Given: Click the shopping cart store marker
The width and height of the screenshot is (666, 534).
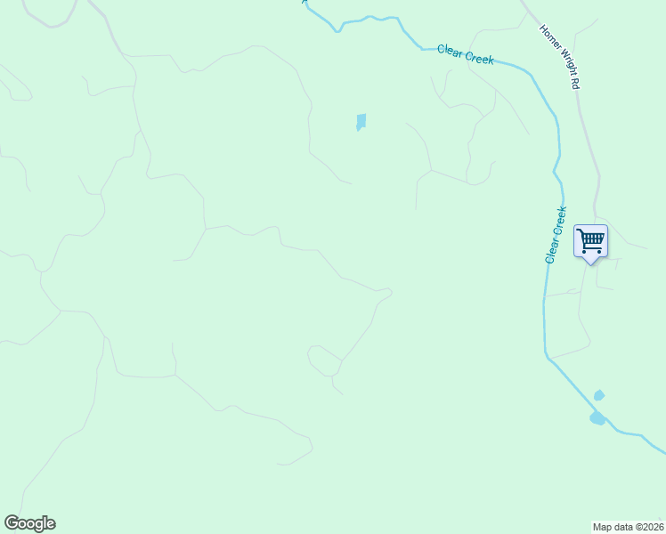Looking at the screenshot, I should tap(590, 240).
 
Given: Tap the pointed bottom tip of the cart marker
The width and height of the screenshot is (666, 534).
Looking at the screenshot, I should tap(590, 263).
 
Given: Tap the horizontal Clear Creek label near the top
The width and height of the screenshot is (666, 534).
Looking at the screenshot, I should tap(465, 54).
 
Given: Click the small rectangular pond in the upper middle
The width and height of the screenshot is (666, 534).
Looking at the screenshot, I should tap(361, 121).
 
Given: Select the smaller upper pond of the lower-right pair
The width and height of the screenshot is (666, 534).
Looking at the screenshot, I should tap(599, 395).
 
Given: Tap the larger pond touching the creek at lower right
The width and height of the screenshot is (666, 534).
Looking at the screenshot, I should tap(597, 417).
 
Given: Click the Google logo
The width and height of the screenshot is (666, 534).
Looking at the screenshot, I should tap(29, 523).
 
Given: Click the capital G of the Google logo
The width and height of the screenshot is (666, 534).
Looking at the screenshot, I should tap(12, 522).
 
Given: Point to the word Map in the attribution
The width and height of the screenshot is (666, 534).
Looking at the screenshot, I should tap(603, 526).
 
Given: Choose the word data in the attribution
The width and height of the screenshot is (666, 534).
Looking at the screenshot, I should tap(621, 526).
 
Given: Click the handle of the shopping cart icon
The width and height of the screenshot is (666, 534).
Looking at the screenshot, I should tap(580, 231).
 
